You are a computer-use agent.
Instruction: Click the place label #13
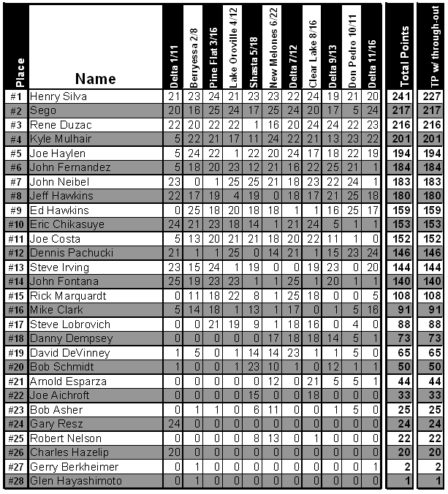(x=16, y=267)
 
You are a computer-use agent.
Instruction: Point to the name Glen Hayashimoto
(x=77, y=481)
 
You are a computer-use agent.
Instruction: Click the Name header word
(x=95, y=78)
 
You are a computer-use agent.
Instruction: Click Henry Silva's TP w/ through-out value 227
(x=433, y=96)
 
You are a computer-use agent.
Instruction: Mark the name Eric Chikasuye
(x=67, y=224)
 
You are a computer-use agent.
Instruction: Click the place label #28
(x=16, y=481)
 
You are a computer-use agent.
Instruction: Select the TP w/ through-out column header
(x=433, y=45)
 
